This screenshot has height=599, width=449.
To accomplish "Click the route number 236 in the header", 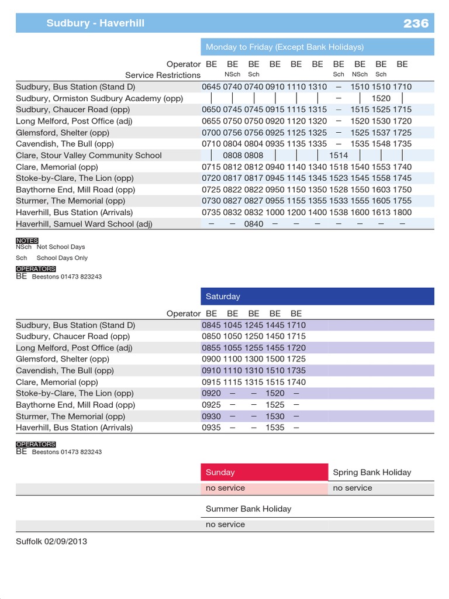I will [x=416, y=23].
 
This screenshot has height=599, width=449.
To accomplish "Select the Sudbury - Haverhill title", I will [x=95, y=23].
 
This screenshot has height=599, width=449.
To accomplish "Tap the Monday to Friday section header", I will [x=284, y=47].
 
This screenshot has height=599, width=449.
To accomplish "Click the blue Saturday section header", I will [x=223, y=297].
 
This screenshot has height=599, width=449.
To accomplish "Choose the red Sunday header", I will [x=220, y=472].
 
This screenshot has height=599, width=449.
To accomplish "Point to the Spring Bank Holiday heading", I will [x=372, y=472].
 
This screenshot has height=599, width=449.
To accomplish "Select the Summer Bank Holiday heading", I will [x=248, y=509].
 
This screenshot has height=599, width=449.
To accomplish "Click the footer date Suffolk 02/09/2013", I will [x=51, y=541].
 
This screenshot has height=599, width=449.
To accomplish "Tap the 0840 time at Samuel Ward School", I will [x=254, y=224].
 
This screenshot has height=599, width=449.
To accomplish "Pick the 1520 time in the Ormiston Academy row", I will [x=381, y=98].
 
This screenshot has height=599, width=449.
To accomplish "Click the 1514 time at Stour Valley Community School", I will [x=339, y=156].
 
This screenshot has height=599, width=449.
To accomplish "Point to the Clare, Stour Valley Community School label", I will [x=89, y=156].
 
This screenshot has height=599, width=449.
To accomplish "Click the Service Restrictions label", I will [x=163, y=75].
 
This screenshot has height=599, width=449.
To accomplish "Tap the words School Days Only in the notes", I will [x=62, y=258].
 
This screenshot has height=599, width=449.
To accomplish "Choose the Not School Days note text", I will [x=61, y=247].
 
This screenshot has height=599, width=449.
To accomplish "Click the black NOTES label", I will [x=27, y=240].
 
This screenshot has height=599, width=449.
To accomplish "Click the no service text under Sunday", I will [x=225, y=488].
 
